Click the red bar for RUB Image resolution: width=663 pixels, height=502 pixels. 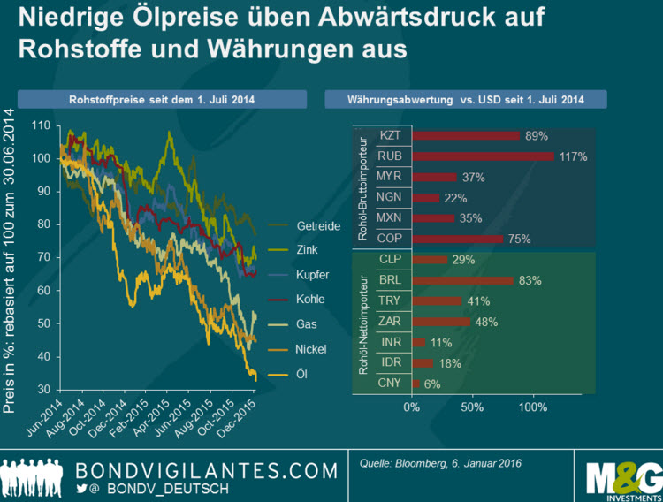click(483, 156)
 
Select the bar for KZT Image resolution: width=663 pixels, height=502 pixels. click(466, 135)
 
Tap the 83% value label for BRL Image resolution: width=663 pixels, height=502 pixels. click(530, 281)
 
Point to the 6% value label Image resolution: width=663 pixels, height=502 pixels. click(432, 384)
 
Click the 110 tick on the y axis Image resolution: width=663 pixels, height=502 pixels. click(41, 125)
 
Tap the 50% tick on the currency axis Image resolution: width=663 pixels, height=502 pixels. click(473, 407)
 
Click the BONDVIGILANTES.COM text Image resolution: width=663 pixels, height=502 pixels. click(208, 467)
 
